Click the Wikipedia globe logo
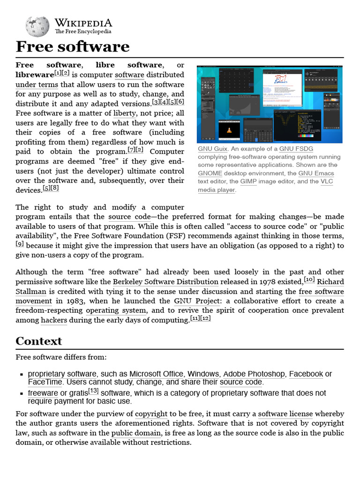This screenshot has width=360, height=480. click(x=37, y=26)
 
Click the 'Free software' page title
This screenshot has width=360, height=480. click(x=72, y=47)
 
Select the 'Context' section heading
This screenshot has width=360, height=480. click(x=38, y=341)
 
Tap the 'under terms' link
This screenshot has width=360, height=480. click(x=37, y=85)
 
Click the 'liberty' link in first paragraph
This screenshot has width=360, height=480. click(x=124, y=113)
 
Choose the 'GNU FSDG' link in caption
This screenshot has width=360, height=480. click(x=296, y=149)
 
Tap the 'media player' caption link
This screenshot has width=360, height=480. click(x=217, y=190)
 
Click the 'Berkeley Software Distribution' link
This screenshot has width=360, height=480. click(x=165, y=282)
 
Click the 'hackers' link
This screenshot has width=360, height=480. click(x=54, y=320)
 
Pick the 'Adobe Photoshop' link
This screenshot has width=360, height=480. click(x=254, y=374)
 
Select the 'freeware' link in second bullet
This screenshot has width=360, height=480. click(x=43, y=393)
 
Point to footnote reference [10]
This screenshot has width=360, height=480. click(x=309, y=280)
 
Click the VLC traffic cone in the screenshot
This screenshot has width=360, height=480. click(x=229, y=131)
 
